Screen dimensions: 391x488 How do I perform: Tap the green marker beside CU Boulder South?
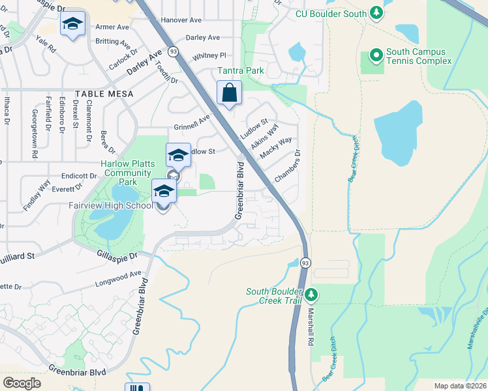tap(376, 12)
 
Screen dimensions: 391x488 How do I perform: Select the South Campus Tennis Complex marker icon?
tap(376, 56)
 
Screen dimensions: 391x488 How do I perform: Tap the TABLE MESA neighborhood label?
tap(104, 94)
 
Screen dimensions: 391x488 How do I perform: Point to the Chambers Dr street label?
tap(287, 167)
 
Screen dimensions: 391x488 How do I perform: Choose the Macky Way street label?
tap(276, 148)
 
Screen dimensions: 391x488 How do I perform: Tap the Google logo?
tap(22, 383)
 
